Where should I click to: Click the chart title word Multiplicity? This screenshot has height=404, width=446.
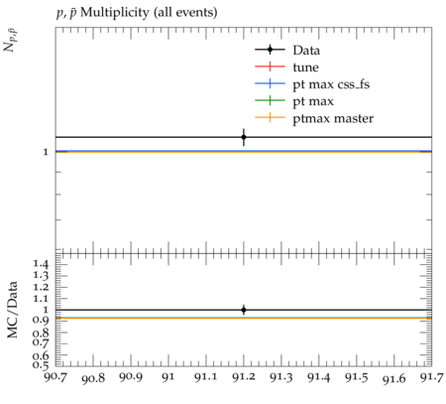coord(115,13)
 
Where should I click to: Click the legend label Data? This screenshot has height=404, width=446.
coord(306,51)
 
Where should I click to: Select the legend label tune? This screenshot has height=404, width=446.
coord(305,67)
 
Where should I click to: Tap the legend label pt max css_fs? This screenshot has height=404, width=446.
coord(331,84)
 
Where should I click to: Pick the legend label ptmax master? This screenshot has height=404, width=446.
coord(333,118)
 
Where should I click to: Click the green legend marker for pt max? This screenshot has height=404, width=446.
coord(270,100)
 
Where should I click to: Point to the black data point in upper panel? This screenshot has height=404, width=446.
coord(244,137)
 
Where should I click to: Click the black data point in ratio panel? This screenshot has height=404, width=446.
coord(244,310)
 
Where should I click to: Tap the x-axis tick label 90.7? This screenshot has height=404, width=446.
coord(56,376)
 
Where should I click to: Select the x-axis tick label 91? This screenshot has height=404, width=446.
coord(168,377)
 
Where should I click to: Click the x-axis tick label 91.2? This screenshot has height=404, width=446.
coord(244,377)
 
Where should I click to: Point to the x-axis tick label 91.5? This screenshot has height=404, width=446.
coord(357,377)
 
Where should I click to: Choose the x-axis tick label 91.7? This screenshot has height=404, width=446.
coord(431,377)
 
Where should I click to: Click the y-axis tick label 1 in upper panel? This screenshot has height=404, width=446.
coord(46,152)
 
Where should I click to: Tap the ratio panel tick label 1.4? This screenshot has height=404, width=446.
coord(41,264)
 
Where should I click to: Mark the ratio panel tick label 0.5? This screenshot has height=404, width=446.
coord(41,364)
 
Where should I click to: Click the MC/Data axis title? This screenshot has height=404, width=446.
coord(12,310)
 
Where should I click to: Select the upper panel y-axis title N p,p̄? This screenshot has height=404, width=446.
coord(10,41)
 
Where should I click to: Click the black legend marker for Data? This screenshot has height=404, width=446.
coord(270,50)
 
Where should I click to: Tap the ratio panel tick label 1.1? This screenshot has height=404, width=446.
coord(41,299)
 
